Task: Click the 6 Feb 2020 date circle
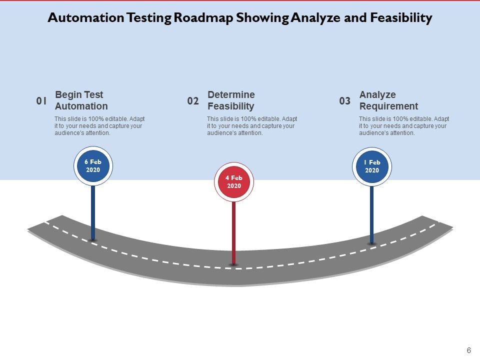click(x=93, y=166)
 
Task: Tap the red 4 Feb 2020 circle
click(x=234, y=182)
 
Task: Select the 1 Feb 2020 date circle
click(x=372, y=166)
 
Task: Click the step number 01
click(x=41, y=101)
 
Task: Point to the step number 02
click(x=193, y=101)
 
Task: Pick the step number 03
click(x=345, y=101)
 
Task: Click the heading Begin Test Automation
click(x=81, y=100)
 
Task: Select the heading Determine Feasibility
click(x=231, y=100)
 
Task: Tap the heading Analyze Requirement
click(x=388, y=100)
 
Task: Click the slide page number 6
click(x=468, y=350)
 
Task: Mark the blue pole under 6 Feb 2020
click(x=93, y=212)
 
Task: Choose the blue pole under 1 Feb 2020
click(x=371, y=214)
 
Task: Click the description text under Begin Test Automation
click(x=99, y=126)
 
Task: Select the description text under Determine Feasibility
click(x=251, y=126)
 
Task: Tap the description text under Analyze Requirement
click(x=403, y=126)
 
